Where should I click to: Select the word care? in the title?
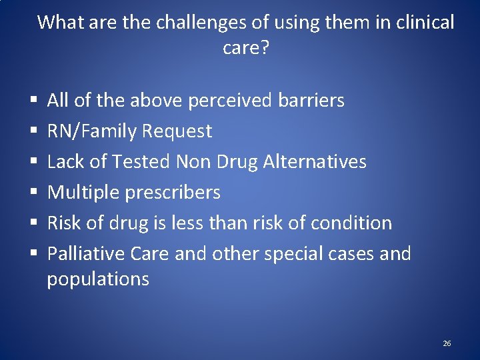246,49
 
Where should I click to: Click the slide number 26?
447,343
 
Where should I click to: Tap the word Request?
179,131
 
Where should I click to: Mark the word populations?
98,279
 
